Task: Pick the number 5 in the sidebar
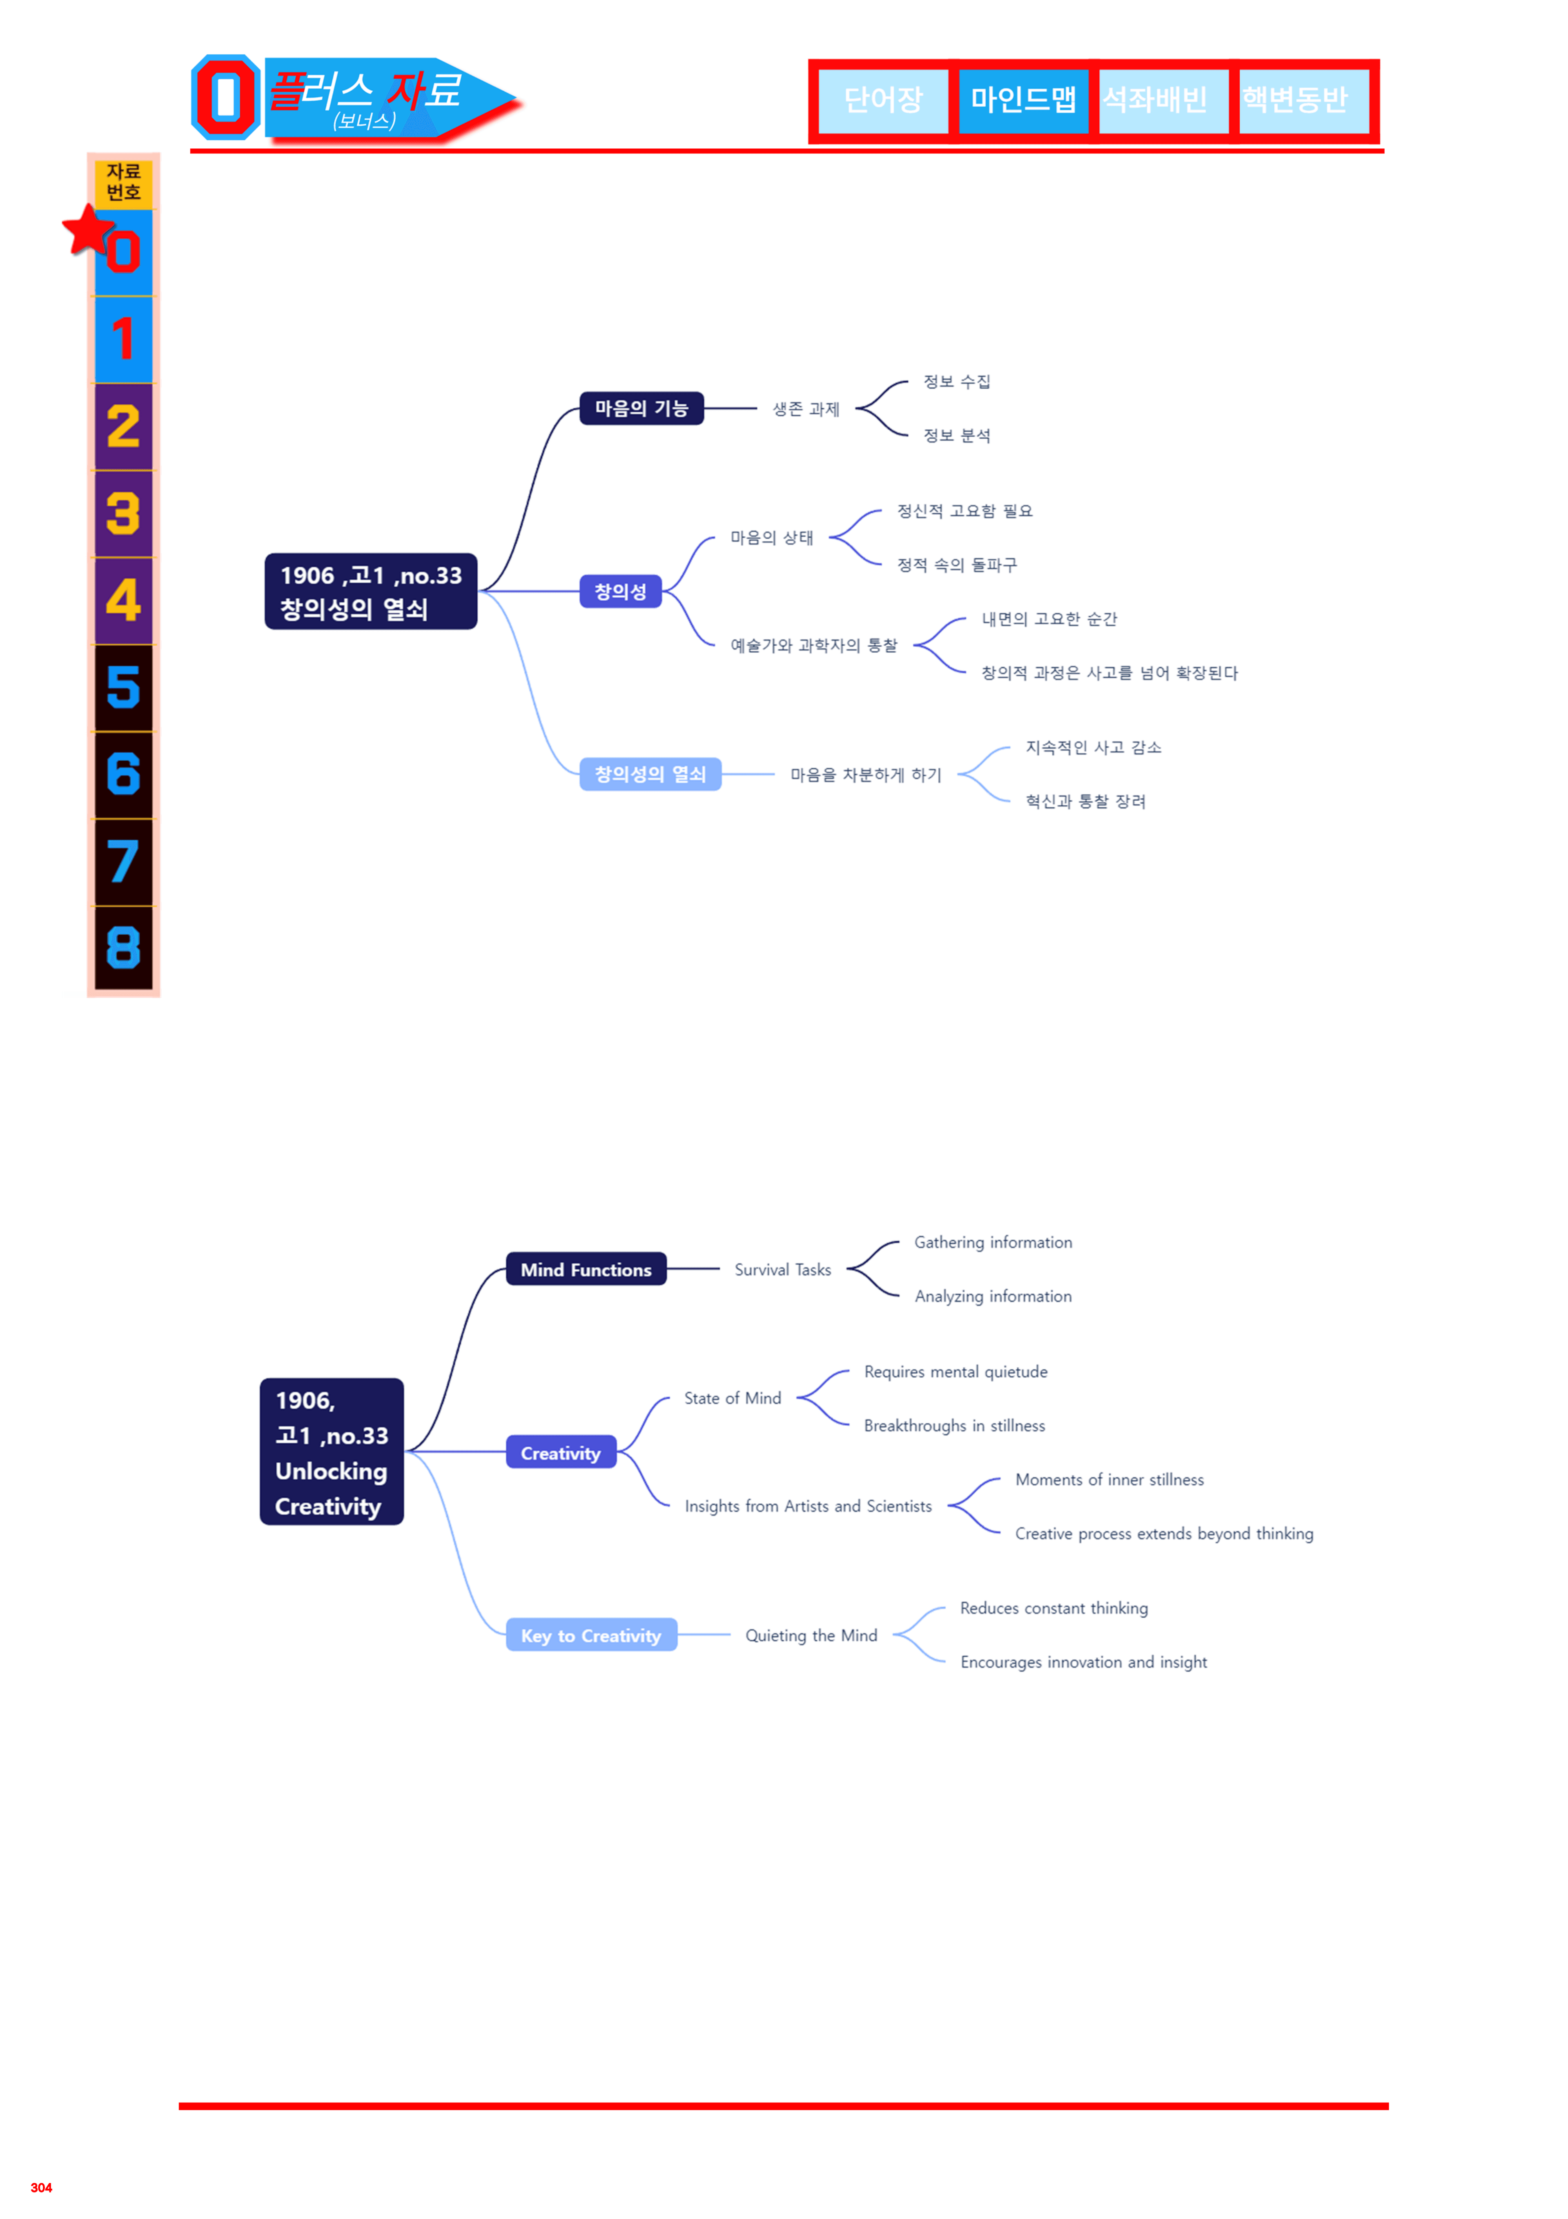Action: pyautogui.click(x=124, y=687)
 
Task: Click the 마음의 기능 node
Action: pyautogui.click(x=641, y=408)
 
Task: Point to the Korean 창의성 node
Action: pyautogui.click(x=620, y=592)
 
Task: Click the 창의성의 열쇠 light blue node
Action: pyautogui.click(x=650, y=774)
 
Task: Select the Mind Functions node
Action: pyautogui.click(x=586, y=1269)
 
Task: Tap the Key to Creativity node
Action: pyautogui.click(x=591, y=1635)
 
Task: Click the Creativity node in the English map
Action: pyautogui.click(x=561, y=1452)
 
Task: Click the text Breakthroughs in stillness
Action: pyautogui.click(x=955, y=1426)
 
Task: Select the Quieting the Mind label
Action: pyautogui.click(x=811, y=1635)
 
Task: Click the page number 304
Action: pyautogui.click(x=42, y=2187)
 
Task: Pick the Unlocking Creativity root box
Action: pyautogui.click(x=332, y=1452)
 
